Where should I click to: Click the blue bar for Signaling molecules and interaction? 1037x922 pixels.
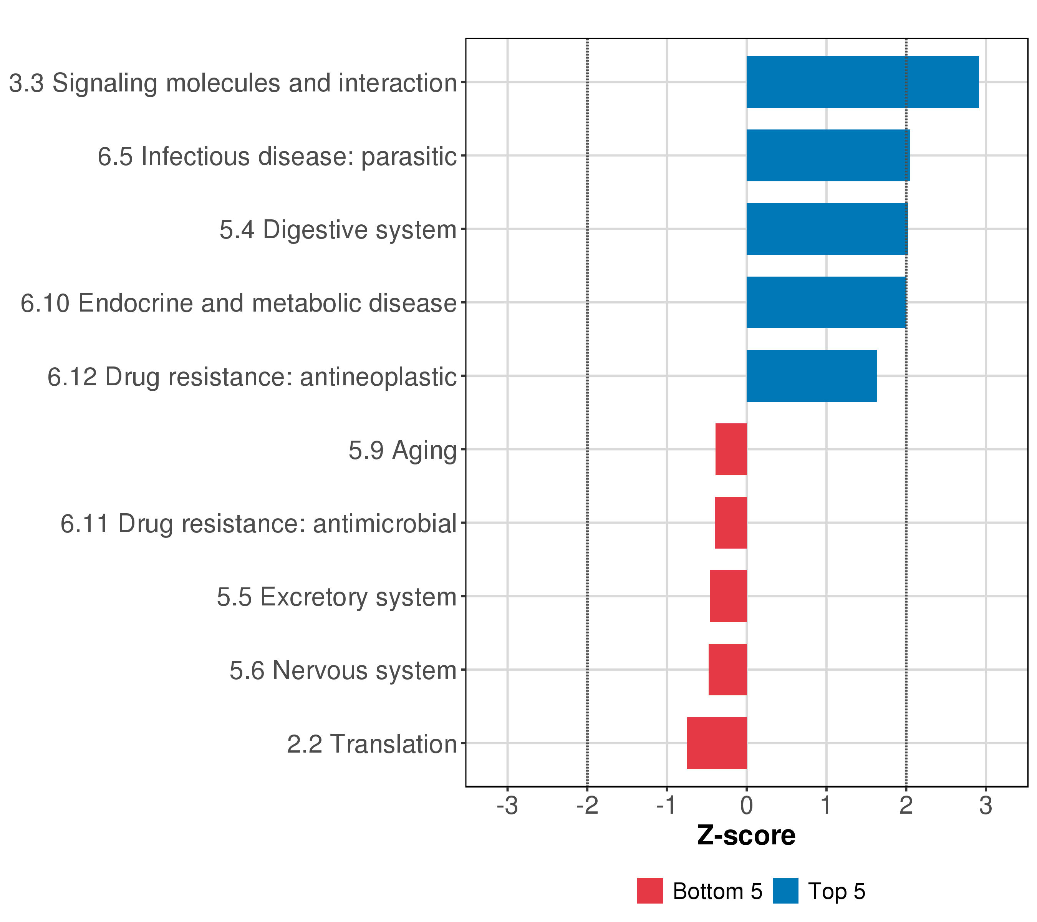[863, 82]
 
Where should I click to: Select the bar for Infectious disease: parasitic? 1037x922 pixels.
[828, 155]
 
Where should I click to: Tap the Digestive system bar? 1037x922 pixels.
[827, 229]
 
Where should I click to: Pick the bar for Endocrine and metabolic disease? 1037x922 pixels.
[827, 302]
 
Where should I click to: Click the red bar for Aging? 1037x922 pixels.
[731, 449]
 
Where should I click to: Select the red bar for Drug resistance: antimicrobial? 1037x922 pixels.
[731, 522]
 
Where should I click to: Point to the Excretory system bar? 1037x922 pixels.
[728, 596]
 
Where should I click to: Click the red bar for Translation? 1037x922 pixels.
[717, 743]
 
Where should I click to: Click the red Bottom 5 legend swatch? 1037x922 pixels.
[650, 890]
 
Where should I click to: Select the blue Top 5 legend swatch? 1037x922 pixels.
[785, 890]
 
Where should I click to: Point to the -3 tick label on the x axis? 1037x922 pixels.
[507, 806]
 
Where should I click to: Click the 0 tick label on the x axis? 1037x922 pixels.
[747, 806]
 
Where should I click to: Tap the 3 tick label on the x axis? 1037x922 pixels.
[986, 806]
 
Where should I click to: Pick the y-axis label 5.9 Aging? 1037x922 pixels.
[403, 451]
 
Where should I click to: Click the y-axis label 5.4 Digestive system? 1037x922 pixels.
[338, 230]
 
